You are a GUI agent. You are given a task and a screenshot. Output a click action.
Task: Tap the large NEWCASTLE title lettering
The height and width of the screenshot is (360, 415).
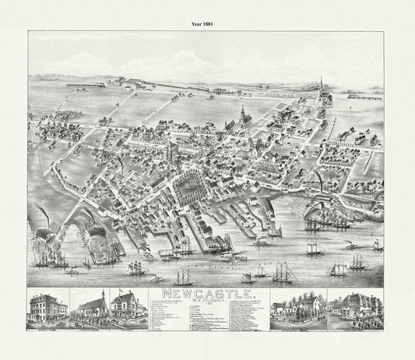coord(206,294)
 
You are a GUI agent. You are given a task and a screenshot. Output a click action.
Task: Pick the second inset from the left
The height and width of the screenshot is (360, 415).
coord(89,307)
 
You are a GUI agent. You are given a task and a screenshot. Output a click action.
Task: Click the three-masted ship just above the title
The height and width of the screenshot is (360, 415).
coord(184,276)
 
